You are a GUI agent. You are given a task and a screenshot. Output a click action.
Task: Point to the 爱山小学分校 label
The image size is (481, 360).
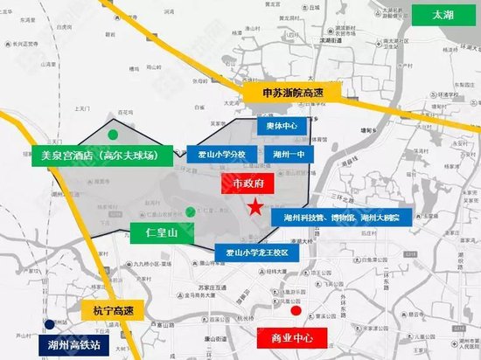(222, 154)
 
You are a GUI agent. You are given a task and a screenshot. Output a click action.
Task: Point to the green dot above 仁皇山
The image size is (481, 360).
(192, 211)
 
